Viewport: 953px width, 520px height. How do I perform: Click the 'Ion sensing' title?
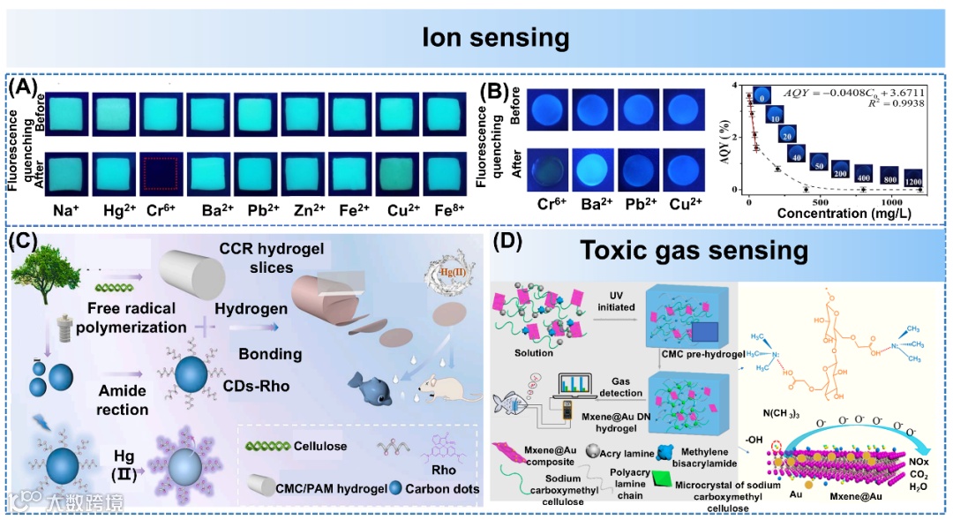coord(495,38)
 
